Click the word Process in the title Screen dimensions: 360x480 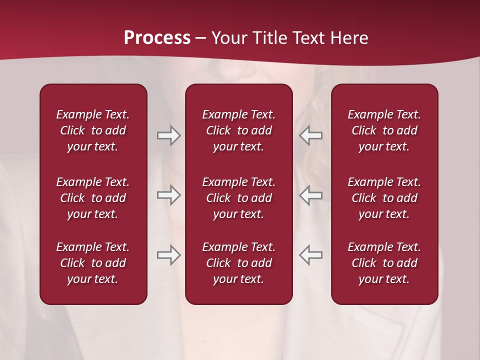[x=157, y=38]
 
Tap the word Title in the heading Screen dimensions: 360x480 [x=268, y=38]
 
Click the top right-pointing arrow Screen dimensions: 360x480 [x=168, y=135]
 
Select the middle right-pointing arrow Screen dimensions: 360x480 [x=168, y=195]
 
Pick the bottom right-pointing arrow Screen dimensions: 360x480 [x=168, y=255]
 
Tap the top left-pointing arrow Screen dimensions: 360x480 [x=311, y=135]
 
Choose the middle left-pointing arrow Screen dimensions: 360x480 [x=311, y=195]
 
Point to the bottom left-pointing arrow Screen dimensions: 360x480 [x=311, y=255]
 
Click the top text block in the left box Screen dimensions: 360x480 [x=93, y=130]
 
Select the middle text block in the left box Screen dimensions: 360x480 [x=93, y=198]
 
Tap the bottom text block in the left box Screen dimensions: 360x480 [x=93, y=263]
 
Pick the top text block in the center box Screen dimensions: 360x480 [x=239, y=130]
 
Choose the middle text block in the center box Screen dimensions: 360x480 [x=239, y=198]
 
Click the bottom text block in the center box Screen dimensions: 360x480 [x=239, y=263]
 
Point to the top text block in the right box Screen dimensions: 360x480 [x=384, y=130]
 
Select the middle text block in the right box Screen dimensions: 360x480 [x=384, y=198]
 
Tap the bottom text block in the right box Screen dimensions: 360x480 [x=384, y=263]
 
